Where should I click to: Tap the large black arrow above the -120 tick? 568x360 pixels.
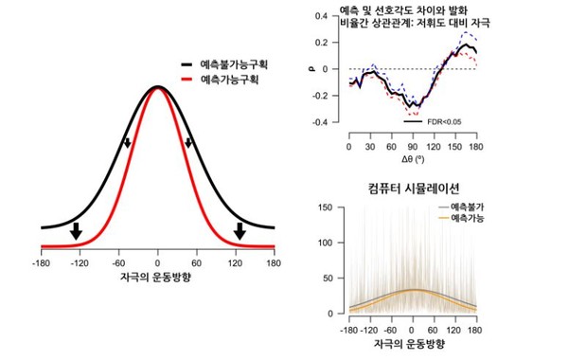[77, 230]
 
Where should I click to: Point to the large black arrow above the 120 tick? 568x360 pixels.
[240, 230]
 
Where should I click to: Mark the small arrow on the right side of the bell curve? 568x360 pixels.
[188, 143]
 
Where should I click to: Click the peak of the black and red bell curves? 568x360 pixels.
[158, 87]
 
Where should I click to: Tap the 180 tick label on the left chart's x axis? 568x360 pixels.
[273, 264]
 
